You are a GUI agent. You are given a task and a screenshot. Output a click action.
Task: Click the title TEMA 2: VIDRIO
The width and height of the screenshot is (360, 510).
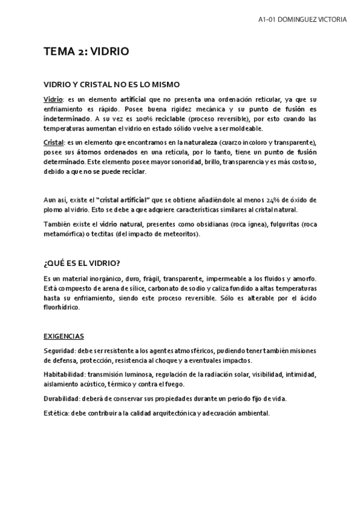pos(86,52)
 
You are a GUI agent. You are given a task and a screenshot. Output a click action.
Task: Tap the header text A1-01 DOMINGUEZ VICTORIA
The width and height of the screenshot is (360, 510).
pos(302,19)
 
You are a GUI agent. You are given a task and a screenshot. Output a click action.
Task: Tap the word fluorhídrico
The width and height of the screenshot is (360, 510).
pos(61,307)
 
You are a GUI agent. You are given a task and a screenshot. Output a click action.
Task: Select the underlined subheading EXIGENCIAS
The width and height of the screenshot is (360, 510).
pos(64,336)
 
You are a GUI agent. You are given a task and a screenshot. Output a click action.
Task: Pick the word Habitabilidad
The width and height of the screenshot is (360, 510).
pos(64,374)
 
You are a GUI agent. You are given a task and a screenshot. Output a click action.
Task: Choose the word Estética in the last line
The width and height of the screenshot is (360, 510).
pos(56,413)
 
